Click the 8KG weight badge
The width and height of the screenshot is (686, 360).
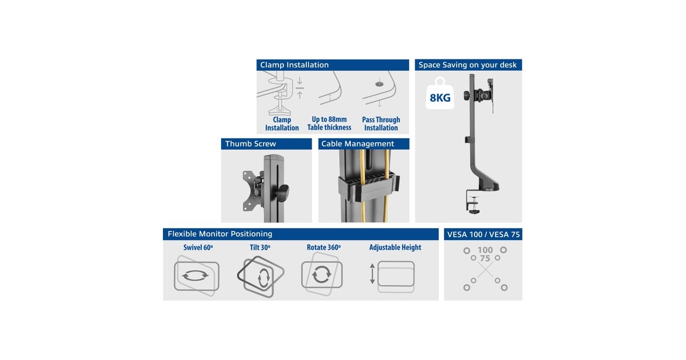(x=440, y=93)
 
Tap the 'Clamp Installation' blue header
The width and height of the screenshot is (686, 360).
(x=333, y=65)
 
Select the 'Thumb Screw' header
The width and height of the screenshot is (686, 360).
(x=266, y=144)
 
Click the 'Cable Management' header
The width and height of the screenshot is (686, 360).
(x=364, y=144)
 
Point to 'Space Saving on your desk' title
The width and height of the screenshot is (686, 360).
(x=468, y=65)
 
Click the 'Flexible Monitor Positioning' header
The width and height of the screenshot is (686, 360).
(x=301, y=234)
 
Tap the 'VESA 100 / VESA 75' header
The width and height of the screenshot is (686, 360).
(x=483, y=234)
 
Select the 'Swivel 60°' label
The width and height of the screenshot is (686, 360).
(x=198, y=247)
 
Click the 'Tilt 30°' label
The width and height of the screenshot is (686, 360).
(x=260, y=247)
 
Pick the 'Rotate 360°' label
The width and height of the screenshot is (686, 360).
(x=324, y=247)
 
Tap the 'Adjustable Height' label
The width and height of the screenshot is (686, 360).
(x=395, y=247)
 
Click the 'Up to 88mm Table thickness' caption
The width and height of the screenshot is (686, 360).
(x=329, y=123)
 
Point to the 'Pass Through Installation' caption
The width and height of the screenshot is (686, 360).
(x=381, y=123)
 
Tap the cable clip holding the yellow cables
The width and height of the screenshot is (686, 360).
(x=369, y=187)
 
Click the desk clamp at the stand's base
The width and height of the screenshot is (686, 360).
(x=473, y=202)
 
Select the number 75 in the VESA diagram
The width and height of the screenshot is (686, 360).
(x=485, y=259)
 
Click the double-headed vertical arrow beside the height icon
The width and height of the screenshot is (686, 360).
(x=372, y=274)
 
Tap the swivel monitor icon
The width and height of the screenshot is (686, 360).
(x=196, y=276)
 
